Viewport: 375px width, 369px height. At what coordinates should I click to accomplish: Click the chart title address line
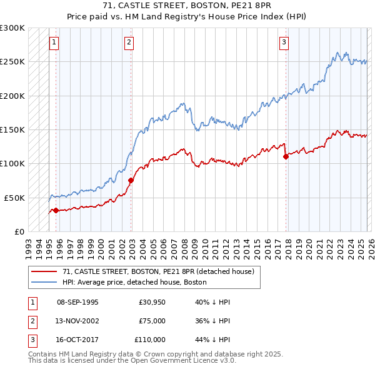pos(187,6)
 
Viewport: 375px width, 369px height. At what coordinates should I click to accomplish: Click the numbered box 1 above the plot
pos(54,43)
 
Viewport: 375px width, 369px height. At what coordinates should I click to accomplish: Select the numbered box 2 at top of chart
pos(129,43)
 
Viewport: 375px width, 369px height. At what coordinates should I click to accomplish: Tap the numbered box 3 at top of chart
pos(284,43)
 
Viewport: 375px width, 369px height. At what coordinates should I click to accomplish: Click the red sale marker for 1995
pos(56,210)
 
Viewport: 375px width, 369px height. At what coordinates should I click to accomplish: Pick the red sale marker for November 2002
pos(131,181)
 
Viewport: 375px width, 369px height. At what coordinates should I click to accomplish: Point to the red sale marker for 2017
pos(286,157)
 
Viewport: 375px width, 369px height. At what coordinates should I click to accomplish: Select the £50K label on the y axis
pos(14,198)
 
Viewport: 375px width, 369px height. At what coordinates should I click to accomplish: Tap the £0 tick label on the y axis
pos(19,231)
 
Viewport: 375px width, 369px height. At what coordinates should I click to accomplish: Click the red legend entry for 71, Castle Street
pos(158,272)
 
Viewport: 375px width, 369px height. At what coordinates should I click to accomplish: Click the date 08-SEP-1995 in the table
pos(77,302)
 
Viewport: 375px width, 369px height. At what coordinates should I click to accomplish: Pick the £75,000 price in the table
pos(152,321)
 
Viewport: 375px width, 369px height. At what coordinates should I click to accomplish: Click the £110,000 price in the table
pos(151,340)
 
